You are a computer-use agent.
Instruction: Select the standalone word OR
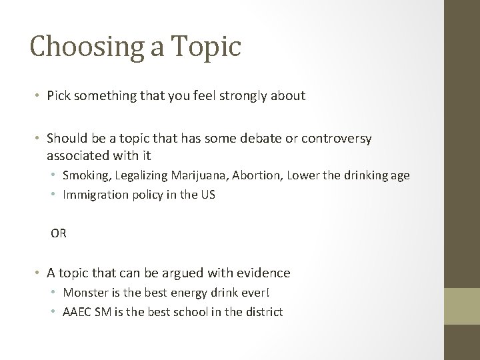point(59,234)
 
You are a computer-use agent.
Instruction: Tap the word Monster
point(83,293)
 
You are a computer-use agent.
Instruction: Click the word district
point(265,311)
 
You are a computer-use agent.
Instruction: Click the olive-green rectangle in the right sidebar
point(461,306)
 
